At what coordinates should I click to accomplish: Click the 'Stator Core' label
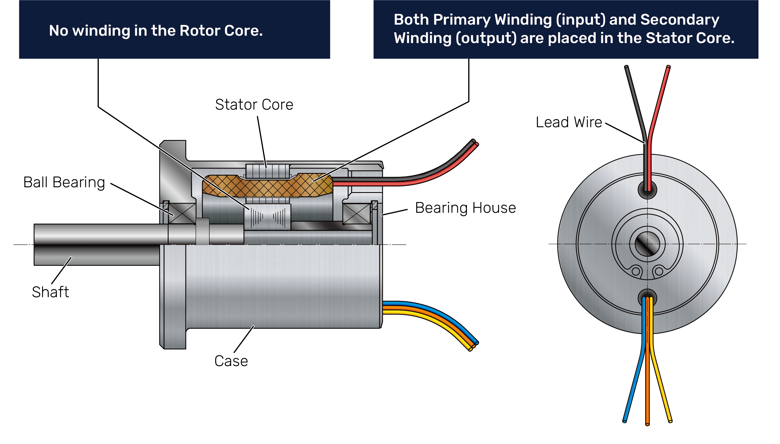coord(254,105)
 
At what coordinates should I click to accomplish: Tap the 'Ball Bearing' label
coord(64,182)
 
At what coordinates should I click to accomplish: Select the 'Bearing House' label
coord(465,208)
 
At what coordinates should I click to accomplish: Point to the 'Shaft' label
coord(50,292)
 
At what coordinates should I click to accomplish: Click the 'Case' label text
coord(231,361)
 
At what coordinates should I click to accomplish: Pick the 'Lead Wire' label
coord(569,122)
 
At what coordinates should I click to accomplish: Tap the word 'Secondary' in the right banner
coord(679,20)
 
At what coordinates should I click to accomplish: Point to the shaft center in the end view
coord(647,244)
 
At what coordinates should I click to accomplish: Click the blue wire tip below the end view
coord(624,421)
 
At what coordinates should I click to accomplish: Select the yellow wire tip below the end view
coord(670,421)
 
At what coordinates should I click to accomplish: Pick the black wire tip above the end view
coord(626,67)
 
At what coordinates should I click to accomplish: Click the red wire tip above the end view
coord(668,67)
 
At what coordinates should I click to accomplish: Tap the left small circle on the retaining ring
coord(636,271)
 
